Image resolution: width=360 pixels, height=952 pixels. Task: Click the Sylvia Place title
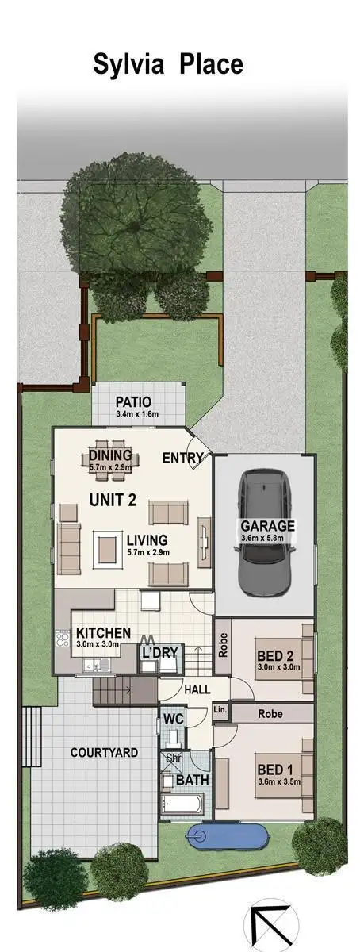168,63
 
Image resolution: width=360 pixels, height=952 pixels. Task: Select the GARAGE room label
268,526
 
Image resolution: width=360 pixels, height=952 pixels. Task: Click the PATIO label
133,402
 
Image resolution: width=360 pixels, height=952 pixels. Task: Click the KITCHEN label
103,633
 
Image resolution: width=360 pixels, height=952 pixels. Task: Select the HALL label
197,690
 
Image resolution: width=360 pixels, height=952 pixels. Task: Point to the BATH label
192,781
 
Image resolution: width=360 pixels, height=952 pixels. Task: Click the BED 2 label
275,656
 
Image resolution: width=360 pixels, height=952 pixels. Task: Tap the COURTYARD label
104,752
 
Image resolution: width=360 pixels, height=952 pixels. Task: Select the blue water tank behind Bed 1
228,835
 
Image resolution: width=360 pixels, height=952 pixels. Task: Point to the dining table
111,458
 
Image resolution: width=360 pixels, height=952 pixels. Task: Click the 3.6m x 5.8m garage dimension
268,539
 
